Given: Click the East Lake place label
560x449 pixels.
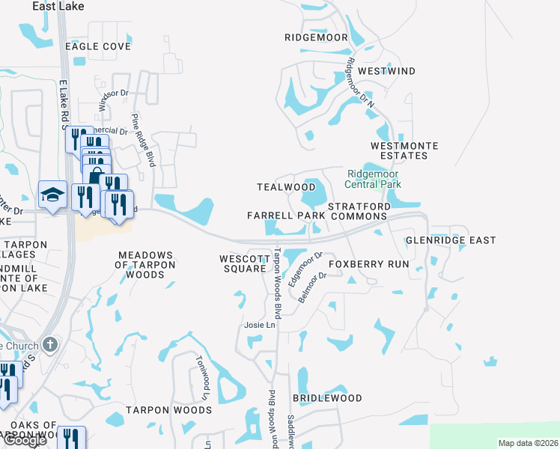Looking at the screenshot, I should (x=58, y=6).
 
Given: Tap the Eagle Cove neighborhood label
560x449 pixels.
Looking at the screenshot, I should (x=97, y=46).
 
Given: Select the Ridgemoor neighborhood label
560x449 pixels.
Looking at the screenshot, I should (x=316, y=37).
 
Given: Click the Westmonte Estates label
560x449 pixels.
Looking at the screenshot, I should (x=404, y=150).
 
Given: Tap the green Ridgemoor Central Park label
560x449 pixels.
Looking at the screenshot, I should (x=373, y=178).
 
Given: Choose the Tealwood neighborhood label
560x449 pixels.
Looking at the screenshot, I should (x=286, y=186).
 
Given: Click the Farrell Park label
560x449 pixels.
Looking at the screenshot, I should (x=286, y=216).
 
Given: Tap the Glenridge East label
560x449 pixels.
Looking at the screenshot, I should (x=451, y=240).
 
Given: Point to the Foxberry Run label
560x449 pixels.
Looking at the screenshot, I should (x=368, y=264).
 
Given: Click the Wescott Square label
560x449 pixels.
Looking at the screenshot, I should (x=244, y=264).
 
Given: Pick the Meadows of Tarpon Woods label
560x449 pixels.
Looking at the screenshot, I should (x=145, y=265).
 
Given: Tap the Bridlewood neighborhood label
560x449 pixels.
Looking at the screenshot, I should (x=327, y=398).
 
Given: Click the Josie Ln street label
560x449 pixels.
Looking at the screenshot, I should (x=260, y=325).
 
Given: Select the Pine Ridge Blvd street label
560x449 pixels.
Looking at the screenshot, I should (x=143, y=140).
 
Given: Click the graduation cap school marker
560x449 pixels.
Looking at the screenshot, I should (x=53, y=195).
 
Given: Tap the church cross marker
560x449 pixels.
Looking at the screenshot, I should (x=50, y=344).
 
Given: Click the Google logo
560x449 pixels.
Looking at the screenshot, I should (x=25, y=441).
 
